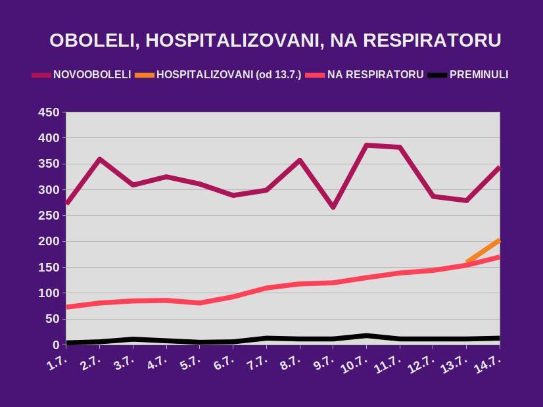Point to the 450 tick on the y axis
[49, 113]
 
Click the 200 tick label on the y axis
[49, 242]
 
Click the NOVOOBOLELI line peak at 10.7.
[367, 145]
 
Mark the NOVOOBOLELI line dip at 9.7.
[333, 207]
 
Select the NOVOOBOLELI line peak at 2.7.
[100, 159]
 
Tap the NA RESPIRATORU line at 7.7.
[266, 288]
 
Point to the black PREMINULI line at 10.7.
[367, 335]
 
